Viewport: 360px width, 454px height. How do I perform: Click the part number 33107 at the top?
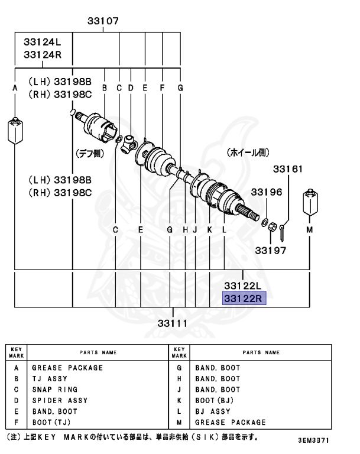(103, 21)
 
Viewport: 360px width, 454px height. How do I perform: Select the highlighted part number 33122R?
(244, 298)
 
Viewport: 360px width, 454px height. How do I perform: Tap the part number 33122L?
(243, 286)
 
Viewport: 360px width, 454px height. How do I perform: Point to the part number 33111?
(173, 323)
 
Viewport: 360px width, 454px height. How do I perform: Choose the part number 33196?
(266, 192)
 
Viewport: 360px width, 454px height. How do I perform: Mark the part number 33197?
(270, 250)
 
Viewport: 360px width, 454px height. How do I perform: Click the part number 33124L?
(43, 43)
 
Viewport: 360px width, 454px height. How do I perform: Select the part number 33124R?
(43, 55)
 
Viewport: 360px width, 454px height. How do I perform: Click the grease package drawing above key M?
(309, 203)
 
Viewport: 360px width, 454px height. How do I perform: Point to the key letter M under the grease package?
(309, 229)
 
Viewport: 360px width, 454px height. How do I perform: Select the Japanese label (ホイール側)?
(247, 153)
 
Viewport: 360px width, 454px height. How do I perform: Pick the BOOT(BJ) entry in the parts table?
(215, 400)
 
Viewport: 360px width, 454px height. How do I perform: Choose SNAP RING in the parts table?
(54, 390)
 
